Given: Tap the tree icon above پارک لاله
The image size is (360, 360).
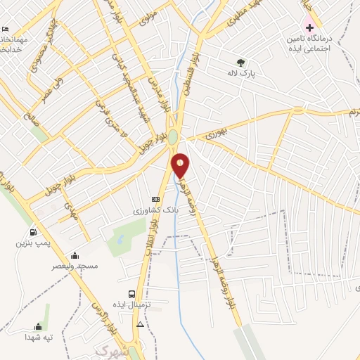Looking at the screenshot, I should pyautogui.click(x=241, y=62).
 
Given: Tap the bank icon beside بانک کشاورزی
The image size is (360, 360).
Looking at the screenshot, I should pyautogui.click(x=155, y=200).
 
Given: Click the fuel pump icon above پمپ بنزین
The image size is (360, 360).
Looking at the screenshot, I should pyautogui.click(x=33, y=232).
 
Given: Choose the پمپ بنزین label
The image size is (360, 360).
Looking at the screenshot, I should pyautogui.click(x=33, y=243).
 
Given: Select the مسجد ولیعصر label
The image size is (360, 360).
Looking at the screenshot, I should pyautogui.click(x=75, y=266).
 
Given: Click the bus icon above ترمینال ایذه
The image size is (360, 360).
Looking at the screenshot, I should pyautogui.click(x=131, y=295).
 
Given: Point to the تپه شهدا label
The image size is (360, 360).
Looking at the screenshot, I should pyautogui.click(x=38, y=337).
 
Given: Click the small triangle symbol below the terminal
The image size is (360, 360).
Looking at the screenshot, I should pyautogui.click(x=141, y=325).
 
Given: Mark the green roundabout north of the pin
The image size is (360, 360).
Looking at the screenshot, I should pyautogui.click(x=173, y=138).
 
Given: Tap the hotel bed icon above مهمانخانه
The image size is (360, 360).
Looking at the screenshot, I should pyautogui.click(x=6, y=29).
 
